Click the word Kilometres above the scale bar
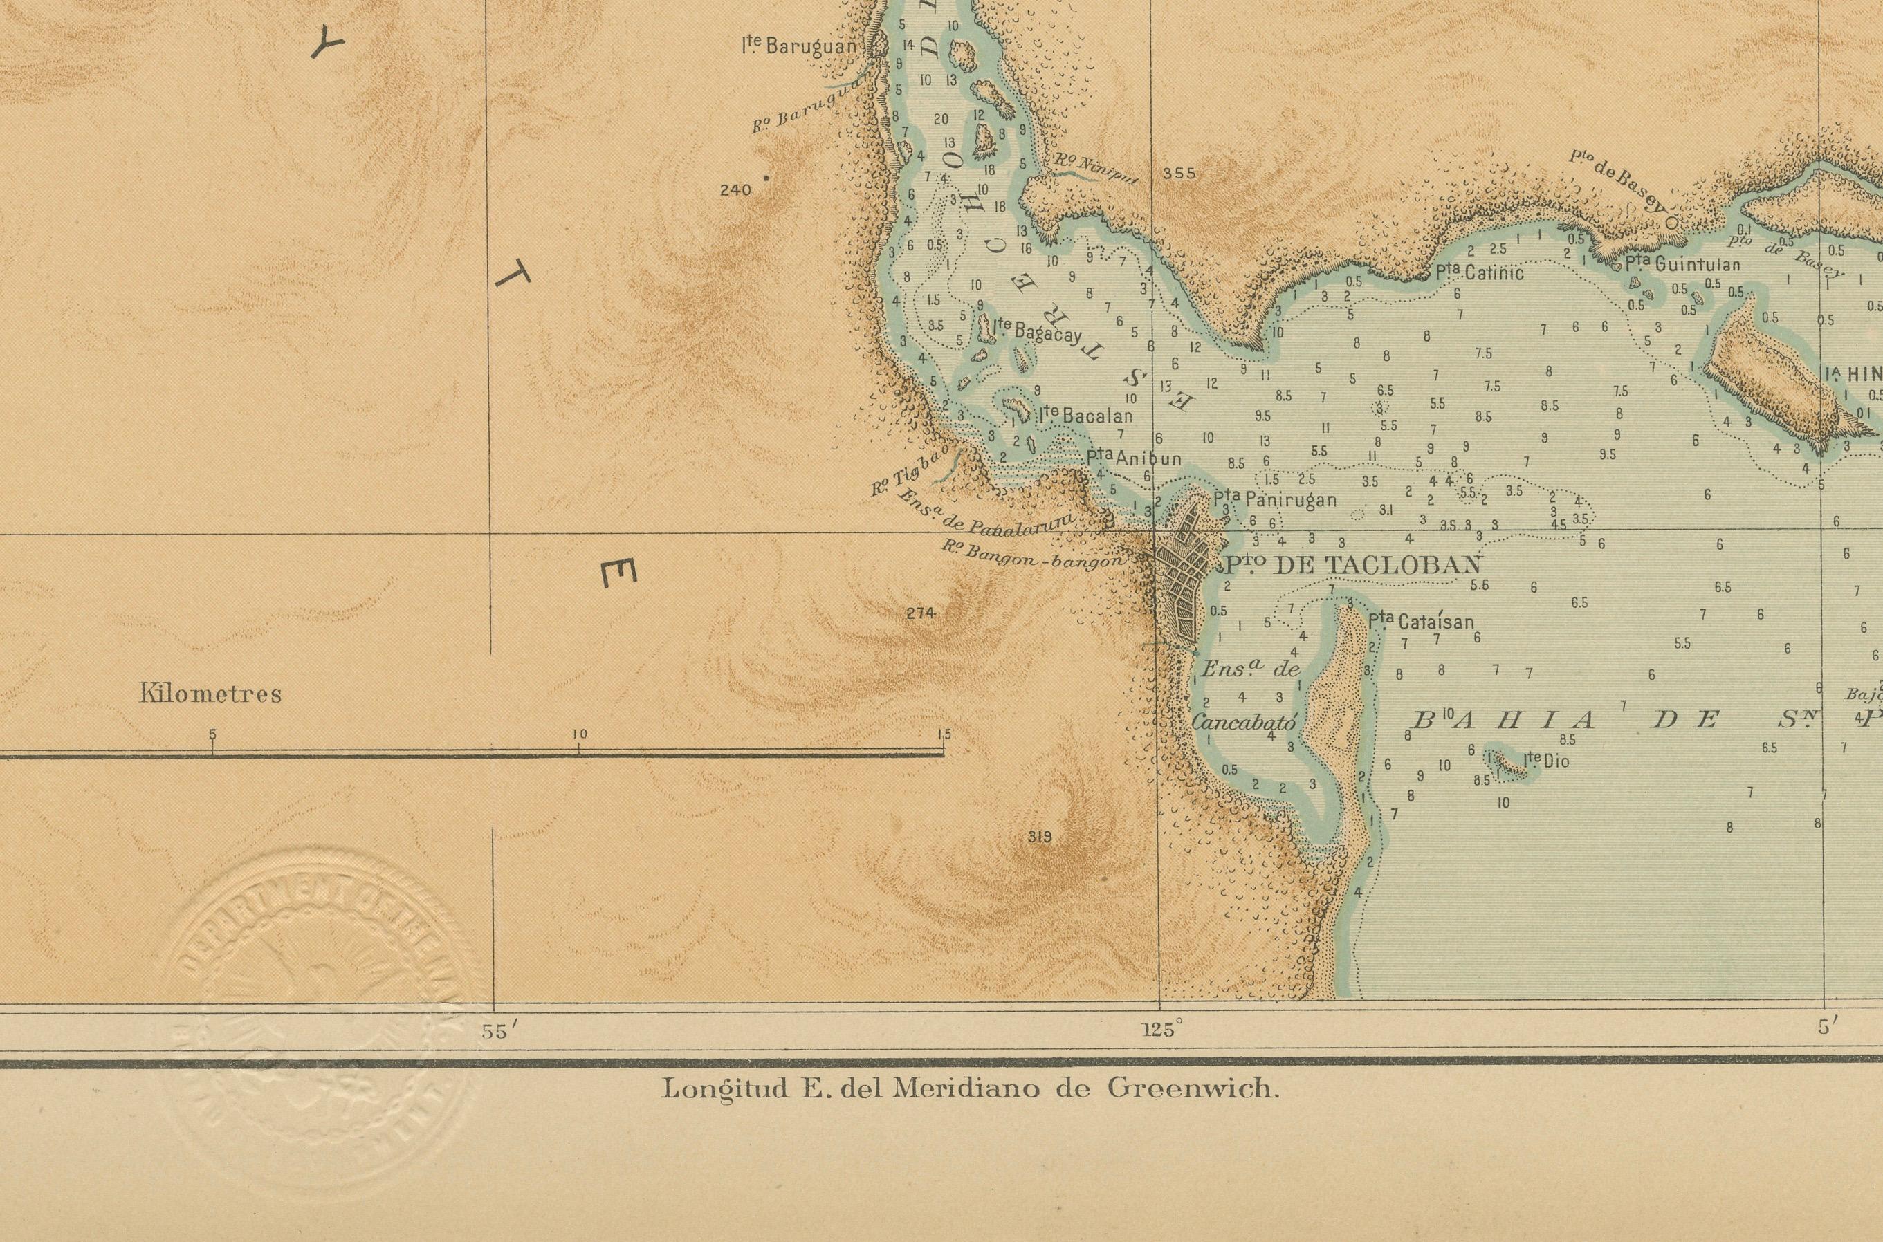[x=211, y=695]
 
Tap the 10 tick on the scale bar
[x=578, y=734]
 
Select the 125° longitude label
[x=1162, y=1030]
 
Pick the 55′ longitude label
[x=499, y=1030]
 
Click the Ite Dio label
[x=1545, y=762]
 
